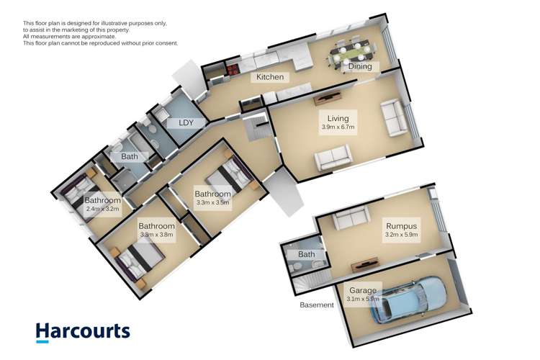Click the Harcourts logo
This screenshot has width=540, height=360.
click(84, 331)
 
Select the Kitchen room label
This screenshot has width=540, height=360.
click(271, 77)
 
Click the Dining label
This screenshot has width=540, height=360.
click(360, 67)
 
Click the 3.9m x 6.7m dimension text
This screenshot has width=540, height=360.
click(338, 127)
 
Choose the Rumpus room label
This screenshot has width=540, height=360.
click(400, 226)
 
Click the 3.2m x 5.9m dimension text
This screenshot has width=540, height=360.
click(400, 235)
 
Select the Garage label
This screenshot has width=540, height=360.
click(363, 290)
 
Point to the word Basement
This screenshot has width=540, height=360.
click(317, 305)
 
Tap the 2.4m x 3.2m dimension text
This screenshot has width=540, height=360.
click(102, 209)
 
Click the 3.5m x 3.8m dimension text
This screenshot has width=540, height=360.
click(156, 235)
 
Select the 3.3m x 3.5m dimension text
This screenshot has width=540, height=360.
click(212, 202)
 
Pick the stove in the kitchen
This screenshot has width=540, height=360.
click(233, 71)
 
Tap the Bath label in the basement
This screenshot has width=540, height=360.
click(307, 254)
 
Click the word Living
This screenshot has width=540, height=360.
click(338, 119)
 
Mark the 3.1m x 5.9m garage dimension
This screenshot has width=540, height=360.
click(363, 300)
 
